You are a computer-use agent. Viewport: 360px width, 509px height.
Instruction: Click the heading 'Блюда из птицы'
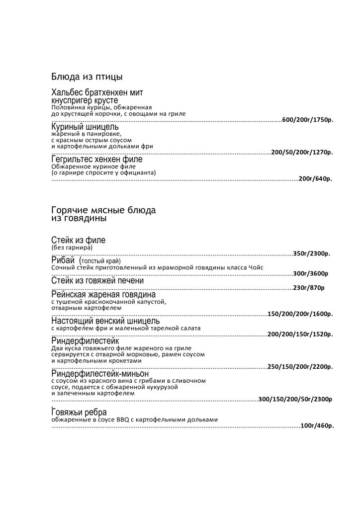87,77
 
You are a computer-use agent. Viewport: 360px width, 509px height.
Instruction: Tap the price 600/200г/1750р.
307,120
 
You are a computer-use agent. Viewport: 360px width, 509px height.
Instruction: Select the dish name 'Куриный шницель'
85,127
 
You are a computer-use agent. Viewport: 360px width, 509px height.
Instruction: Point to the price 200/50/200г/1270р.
302,153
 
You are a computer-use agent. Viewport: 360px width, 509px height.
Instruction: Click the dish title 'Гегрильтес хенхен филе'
97,160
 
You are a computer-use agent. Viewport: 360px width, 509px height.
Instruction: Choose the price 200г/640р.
315,179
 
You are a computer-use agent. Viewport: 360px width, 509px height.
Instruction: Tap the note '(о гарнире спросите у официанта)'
103,172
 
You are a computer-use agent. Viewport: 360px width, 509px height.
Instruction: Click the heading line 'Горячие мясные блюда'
103,210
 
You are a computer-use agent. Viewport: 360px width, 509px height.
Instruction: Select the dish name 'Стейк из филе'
79,241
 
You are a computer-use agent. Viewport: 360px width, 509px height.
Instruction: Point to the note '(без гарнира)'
72,247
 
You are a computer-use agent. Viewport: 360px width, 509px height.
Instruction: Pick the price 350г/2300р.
312,254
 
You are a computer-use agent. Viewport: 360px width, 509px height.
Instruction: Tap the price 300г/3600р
310,273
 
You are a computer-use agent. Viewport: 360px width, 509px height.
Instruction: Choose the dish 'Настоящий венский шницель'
105,321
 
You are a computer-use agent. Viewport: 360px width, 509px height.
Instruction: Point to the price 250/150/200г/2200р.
300,367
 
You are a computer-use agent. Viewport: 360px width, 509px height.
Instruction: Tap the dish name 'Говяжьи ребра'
79,413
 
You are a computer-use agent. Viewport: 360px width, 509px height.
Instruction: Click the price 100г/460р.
317,425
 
